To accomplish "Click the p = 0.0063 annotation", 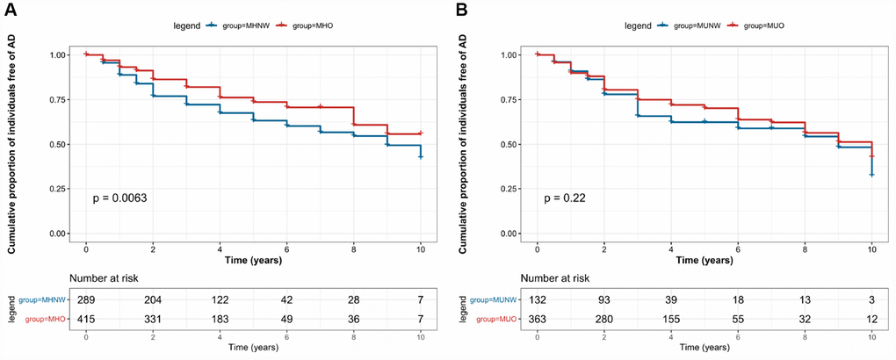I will (121, 198).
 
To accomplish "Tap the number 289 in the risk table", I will (86, 300).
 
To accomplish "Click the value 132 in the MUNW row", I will (537, 300).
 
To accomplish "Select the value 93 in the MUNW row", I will (603, 300).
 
